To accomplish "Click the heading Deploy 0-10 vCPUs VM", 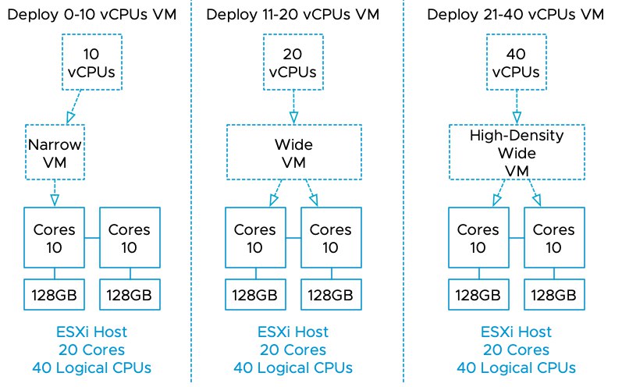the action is coord(91,15).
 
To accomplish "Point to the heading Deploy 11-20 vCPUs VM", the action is coord(293,15).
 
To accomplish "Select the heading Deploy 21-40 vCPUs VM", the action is coord(515,15).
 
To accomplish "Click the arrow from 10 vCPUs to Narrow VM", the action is coord(75,107).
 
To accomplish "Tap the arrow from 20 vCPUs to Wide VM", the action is coord(293,107).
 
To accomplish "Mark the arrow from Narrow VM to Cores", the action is coord(55,193).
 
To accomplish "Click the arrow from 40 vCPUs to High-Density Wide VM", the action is coord(517,107).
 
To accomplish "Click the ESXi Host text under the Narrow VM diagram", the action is coord(91,332).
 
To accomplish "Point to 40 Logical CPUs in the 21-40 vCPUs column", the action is coord(516,368).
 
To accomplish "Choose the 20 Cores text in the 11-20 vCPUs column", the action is coord(293,350).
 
